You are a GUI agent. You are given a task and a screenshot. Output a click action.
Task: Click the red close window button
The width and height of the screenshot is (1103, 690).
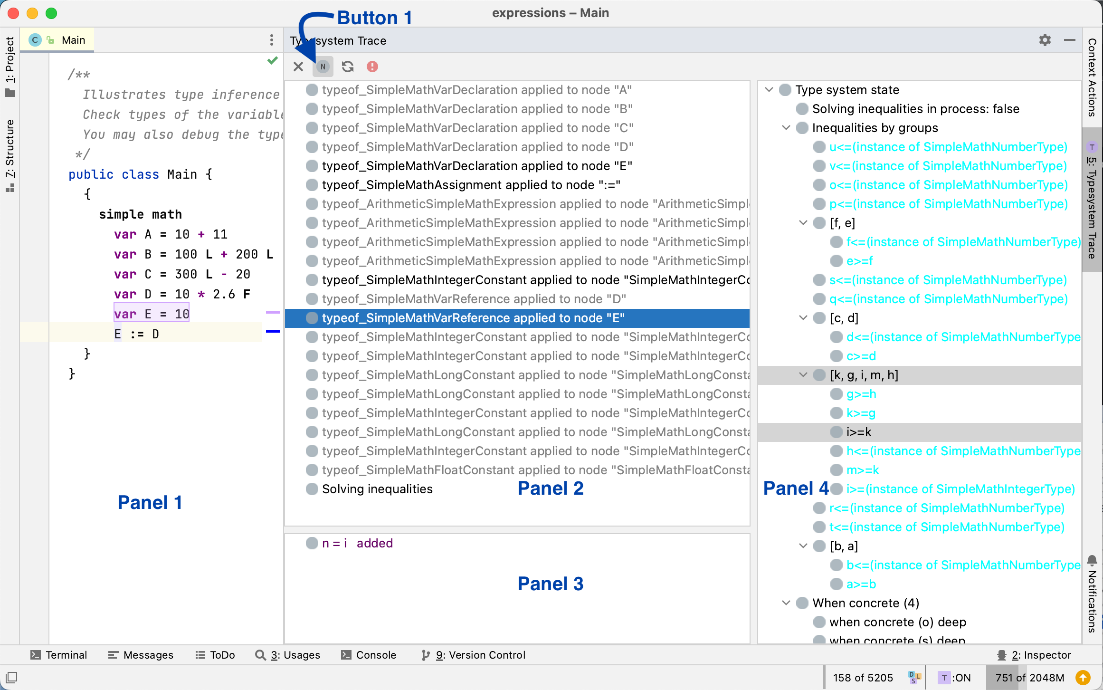[x=13, y=13]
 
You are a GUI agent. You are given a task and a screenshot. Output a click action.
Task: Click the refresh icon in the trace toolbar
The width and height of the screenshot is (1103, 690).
[x=348, y=67]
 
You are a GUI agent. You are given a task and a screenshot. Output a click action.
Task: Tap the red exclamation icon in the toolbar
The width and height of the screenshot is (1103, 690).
[x=372, y=67]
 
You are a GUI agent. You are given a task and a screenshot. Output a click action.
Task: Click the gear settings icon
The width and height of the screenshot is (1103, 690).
[x=1045, y=40]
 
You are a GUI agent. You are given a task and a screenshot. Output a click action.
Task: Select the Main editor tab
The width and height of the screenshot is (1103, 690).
[x=73, y=40]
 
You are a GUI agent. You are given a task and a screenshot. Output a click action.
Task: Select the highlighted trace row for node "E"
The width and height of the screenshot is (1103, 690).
[x=473, y=318]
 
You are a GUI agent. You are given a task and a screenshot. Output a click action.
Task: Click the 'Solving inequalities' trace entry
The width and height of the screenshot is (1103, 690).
[x=377, y=489]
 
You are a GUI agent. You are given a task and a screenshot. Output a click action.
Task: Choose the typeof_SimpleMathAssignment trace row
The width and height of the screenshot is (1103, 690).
[x=471, y=185]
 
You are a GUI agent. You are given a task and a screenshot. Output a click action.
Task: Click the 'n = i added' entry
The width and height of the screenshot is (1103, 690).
[x=357, y=543]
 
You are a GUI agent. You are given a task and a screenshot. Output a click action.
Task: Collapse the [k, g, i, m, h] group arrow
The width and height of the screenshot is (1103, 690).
[x=803, y=375]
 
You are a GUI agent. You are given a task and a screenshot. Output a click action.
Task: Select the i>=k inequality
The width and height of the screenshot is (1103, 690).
[x=859, y=432]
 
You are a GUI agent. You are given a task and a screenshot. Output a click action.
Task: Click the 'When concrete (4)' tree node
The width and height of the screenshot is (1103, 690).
[x=865, y=603]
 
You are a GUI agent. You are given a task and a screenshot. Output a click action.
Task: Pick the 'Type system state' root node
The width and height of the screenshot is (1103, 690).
[x=847, y=90]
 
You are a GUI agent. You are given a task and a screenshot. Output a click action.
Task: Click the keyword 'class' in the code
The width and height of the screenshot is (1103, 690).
[x=140, y=174]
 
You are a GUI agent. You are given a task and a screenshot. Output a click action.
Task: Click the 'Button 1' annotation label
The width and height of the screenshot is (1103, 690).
[x=374, y=18]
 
